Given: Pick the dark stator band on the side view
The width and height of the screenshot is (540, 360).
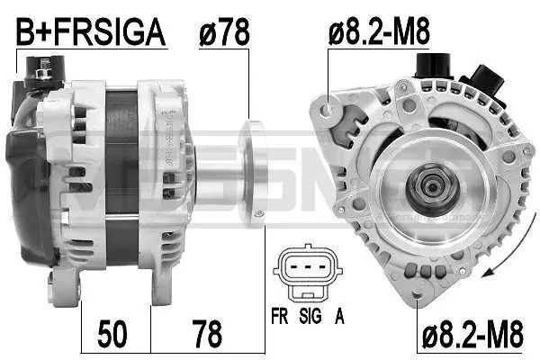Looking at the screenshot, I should click(121, 162).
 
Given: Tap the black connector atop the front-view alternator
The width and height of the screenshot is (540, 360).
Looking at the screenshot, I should click(432, 67).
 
